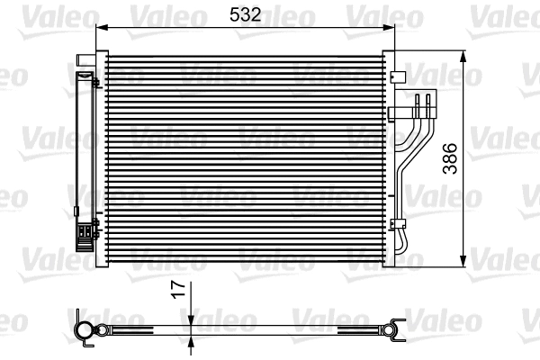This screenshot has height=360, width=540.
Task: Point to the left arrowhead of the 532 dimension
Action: click(x=100, y=27)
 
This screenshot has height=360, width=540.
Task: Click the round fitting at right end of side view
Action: click(x=394, y=328)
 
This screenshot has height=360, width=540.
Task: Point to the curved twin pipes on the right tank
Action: click(x=410, y=144)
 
